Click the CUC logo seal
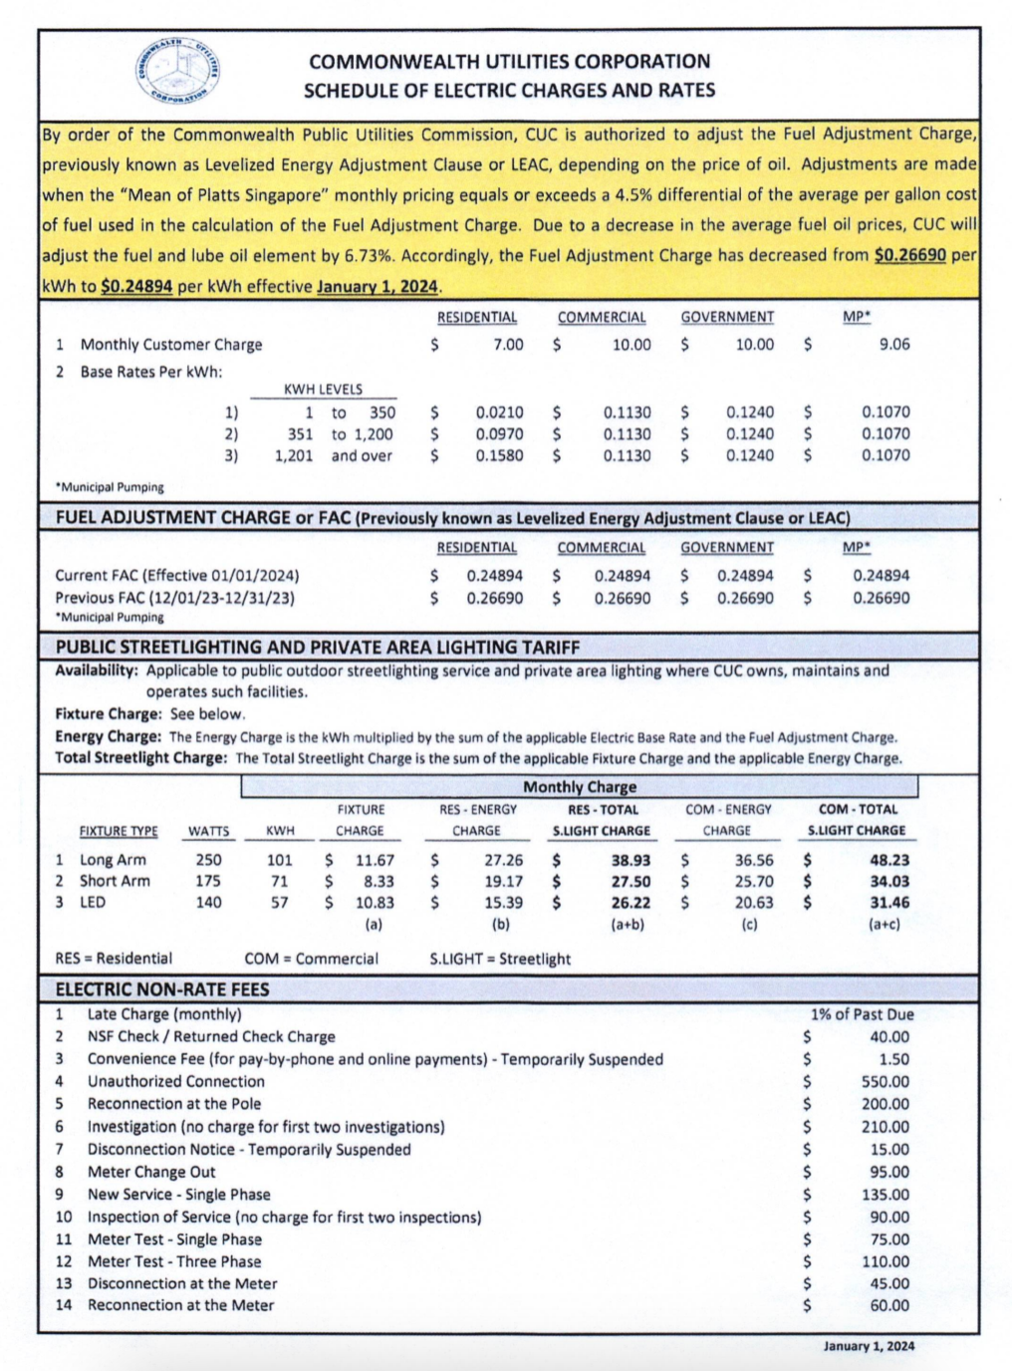(x=177, y=72)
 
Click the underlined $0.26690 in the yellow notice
(x=909, y=255)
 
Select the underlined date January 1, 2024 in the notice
(x=378, y=287)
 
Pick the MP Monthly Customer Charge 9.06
(x=893, y=345)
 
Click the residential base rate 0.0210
(x=499, y=412)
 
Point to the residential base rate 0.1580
(x=499, y=456)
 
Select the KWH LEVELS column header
(x=323, y=390)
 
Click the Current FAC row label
(x=176, y=576)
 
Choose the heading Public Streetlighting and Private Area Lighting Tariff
(x=317, y=647)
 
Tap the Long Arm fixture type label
(x=113, y=860)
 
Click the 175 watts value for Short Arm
(x=208, y=882)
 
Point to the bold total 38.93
(x=631, y=860)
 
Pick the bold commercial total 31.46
(x=888, y=903)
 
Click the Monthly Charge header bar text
(x=579, y=787)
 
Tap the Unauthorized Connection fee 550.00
(x=885, y=1082)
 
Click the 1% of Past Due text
(x=862, y=1014)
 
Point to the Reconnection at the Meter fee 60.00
(x=888, y=1305)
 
